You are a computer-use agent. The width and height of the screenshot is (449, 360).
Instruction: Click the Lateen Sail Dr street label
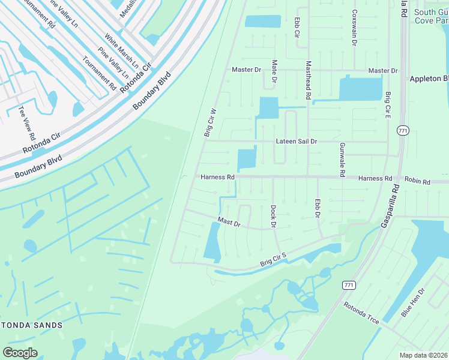(x=296, y=141)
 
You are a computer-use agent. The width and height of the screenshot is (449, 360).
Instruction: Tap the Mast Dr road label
(x=229, y=223)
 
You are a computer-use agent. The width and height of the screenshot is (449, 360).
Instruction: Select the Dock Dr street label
(x=273, y=216)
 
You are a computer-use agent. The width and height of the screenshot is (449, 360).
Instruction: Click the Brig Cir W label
(x=209, y=124)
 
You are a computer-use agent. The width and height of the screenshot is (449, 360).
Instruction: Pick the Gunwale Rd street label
(x=342, y=158)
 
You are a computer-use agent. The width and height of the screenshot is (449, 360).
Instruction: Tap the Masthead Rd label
(x=309, y=80)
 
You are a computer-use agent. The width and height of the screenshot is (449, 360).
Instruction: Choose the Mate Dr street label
(x=274, y=71)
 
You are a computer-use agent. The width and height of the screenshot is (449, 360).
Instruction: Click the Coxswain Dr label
(x=355, y=28)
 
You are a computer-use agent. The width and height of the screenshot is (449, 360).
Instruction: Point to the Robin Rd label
(x=418, y=181)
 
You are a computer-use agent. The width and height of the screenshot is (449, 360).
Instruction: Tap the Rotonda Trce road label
(x=361, y=313)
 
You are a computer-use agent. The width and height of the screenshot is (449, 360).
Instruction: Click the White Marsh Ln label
(x=121, y=50)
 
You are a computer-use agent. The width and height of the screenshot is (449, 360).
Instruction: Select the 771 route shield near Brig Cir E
(x=403, y=130)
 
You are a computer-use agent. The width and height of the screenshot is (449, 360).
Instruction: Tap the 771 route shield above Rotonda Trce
(x=348, y=285)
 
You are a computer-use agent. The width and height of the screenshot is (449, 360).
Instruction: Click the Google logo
(x=20, y=353)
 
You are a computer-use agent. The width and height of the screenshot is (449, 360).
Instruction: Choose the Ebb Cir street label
(x=297, y=28)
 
